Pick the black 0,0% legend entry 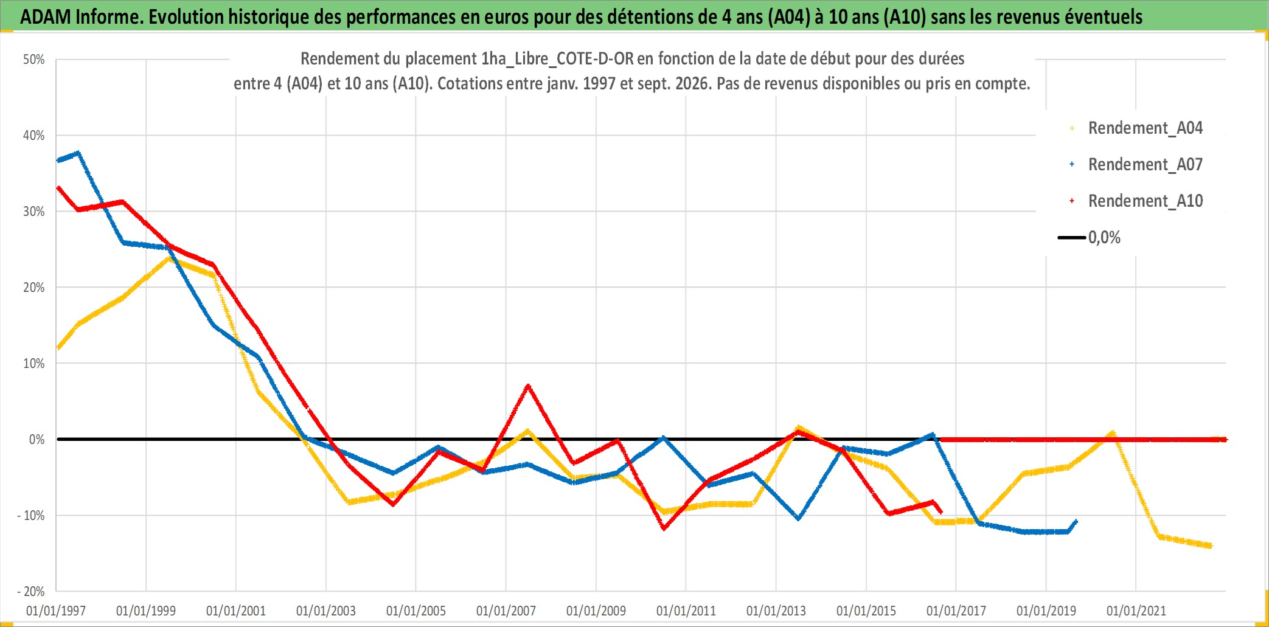tap(1090, 237)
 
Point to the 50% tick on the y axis tap(34, 60)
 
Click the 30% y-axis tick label tap(34, 212)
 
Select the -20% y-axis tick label tap(31, 591)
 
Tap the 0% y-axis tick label tap(37, 439)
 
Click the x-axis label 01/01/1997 tap(56, 611)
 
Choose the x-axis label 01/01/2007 tap(506, 611)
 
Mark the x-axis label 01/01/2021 tap(1136, 611)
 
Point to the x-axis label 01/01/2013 tap(776, 611)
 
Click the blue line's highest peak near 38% tap(78, 153)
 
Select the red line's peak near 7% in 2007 tap(527, 386)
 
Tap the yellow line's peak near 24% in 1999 tap(169, 258)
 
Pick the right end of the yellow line tap(1211, 546)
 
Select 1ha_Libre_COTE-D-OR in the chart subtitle tap(557, 59)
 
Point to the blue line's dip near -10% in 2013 tap(798, 519)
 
